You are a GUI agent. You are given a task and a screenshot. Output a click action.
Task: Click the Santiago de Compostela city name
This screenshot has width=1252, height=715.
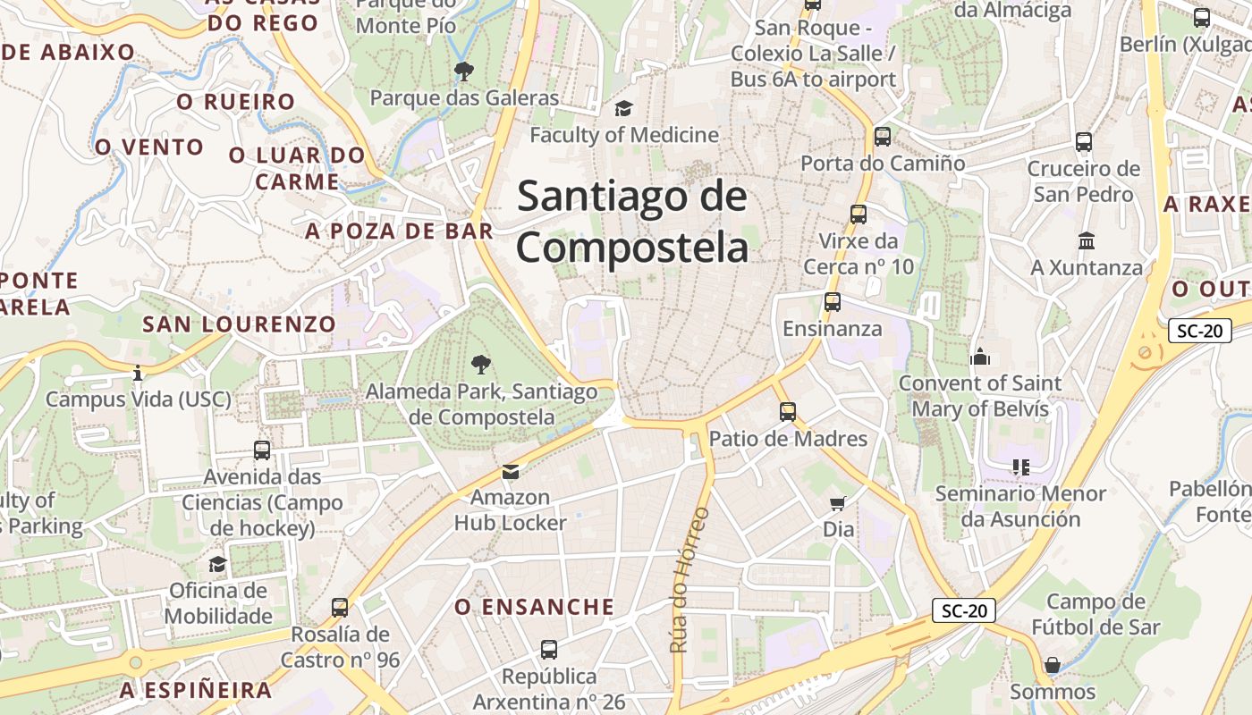click(631, 221)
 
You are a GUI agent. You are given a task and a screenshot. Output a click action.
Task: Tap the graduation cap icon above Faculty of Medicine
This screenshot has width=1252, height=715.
click(623, 109)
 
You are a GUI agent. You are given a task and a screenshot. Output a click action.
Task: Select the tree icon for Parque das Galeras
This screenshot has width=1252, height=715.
click(463, 71)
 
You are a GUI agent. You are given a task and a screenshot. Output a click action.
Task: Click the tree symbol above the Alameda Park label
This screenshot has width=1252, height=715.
click(481, 364)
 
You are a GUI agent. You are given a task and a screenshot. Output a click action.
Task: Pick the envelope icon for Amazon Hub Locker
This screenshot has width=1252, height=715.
click(510, 471)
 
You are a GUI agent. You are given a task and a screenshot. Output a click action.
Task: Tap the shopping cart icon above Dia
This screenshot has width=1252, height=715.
click(838, 503)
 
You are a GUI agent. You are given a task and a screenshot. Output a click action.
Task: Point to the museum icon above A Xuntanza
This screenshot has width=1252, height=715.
click(1087, 241)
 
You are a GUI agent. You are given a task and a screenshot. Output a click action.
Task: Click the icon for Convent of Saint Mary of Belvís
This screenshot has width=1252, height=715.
click(980, 357)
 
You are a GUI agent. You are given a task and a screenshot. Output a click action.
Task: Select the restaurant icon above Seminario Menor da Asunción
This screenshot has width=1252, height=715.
click(1020, 467)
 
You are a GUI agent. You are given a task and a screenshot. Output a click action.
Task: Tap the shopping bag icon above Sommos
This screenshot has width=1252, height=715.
click(1053, 665)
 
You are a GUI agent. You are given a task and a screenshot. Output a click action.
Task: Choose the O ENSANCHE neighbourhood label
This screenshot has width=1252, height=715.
click(535, 607)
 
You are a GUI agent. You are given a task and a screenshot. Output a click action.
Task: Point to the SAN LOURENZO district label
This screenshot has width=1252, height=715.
click(239, 324)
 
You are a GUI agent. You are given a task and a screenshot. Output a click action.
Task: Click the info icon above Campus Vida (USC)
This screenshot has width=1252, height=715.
click(138, 373)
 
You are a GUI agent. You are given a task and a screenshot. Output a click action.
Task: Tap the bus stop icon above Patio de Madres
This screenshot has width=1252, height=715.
click(787, 412)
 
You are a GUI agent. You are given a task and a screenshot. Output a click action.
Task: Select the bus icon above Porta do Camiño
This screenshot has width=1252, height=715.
click(883, 137)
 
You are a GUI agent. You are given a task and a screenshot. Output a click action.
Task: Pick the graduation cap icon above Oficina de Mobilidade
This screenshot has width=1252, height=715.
click(217, 564)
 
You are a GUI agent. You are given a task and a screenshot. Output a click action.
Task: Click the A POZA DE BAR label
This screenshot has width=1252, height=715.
click(399, 231)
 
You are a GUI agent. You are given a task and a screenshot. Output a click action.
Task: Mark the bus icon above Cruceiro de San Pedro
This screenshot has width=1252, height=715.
click(1084, 142)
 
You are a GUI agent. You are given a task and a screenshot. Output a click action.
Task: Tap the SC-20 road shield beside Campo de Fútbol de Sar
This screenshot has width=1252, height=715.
click(964, 610)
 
